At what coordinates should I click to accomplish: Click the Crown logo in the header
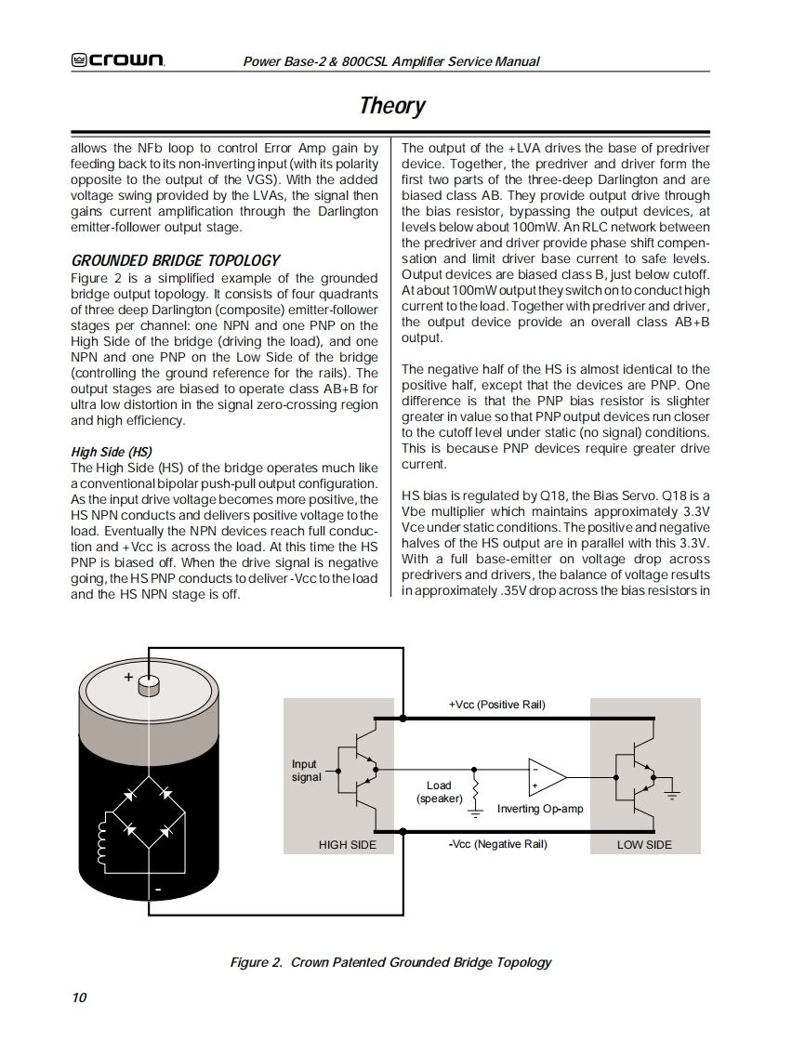tap(118, 61)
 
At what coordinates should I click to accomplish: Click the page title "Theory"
tap(392, 105)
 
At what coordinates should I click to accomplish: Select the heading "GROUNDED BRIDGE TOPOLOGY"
tap(176, 260)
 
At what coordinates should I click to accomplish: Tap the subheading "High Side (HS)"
tap(112, 452)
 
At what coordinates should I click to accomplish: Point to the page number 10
tap(79, 997)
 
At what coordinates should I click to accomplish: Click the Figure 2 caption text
tap(390, 962)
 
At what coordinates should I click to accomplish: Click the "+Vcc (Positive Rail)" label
tap(496, 705)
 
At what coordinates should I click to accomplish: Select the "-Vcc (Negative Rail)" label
tap(497, 844)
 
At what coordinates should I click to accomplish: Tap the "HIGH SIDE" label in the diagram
tap(348, 845)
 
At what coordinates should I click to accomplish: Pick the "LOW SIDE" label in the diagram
tap(644, 845)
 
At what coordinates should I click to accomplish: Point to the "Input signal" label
tap(306, 771)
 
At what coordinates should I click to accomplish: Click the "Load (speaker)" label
tap(439, 792)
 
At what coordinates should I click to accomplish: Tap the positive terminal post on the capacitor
tap(149, 686)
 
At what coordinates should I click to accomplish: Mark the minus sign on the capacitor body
tap(158, 891)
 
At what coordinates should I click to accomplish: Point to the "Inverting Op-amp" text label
tap(540, 809)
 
